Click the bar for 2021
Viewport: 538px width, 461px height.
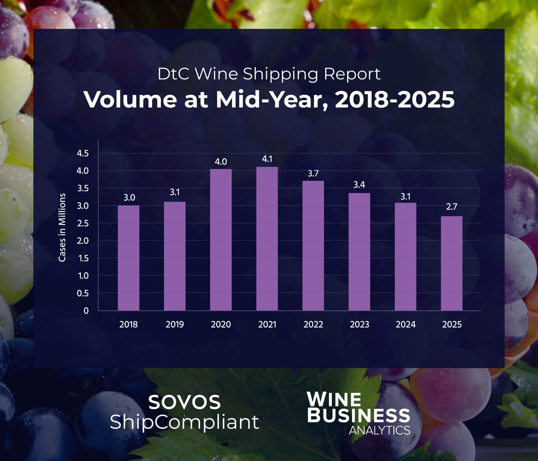click(267, 238)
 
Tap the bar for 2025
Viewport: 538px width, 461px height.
click(451, 263)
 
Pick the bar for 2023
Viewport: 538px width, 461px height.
click(359, 252)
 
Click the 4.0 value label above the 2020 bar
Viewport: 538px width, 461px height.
click(221, 162)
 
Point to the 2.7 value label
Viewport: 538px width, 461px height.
click(451, 207)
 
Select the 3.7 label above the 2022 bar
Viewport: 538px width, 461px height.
click(313, 173)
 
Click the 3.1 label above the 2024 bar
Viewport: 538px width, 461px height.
click(405, 197)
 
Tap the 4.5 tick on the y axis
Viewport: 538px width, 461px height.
click(82, 153)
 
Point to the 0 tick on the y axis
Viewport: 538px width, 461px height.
click(86, 311)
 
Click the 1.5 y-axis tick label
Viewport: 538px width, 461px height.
click(83, 258)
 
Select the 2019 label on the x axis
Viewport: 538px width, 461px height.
click(175, 324)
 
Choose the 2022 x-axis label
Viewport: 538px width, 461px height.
click(313, 324)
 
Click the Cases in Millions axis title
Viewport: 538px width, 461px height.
click(62, 227)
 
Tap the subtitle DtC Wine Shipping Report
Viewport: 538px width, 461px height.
click(269, 74)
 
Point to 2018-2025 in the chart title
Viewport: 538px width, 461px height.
click(395, 100)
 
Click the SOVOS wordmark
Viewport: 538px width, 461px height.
click(184, 402)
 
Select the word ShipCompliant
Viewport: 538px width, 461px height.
click(184, 422)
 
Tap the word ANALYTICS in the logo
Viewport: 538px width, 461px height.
click(379, 430)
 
